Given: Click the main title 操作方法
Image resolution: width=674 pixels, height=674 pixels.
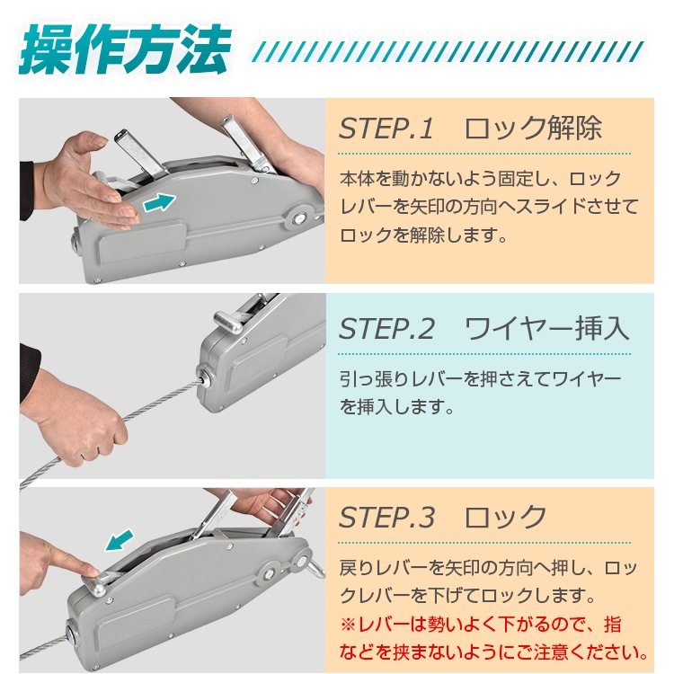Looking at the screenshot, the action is pos(124,49).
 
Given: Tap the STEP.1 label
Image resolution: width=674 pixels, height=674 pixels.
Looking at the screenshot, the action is pos(386,129).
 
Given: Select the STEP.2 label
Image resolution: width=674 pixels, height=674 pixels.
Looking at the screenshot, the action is pos(386,329).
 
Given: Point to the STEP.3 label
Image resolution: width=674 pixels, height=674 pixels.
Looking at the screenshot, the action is pos(386,517).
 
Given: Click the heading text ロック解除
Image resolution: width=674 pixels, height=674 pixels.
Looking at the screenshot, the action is pos(533,128).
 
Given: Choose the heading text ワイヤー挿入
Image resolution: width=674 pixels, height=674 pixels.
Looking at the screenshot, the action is pos(546,329).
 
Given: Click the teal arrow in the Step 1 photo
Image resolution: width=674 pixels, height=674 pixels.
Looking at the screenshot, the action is pos(159,202).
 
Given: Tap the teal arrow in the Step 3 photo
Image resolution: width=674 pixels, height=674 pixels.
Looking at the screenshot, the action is pos(120,540).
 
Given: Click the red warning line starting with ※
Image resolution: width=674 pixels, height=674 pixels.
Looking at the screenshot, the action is pos(481,625).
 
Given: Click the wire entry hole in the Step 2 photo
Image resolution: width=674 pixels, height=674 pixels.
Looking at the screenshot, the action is pos(203,377).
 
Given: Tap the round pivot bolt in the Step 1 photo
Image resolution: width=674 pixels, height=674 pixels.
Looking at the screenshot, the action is pos(298,218).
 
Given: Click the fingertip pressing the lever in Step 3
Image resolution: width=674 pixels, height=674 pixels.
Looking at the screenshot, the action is pos(92,571).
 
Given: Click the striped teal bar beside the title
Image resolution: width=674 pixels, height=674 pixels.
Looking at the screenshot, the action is pos(448,51).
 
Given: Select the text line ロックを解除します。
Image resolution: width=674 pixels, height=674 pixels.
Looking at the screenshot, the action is pos(423,235).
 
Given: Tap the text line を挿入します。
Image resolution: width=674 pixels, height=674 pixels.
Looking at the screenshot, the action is pos(396,406).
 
